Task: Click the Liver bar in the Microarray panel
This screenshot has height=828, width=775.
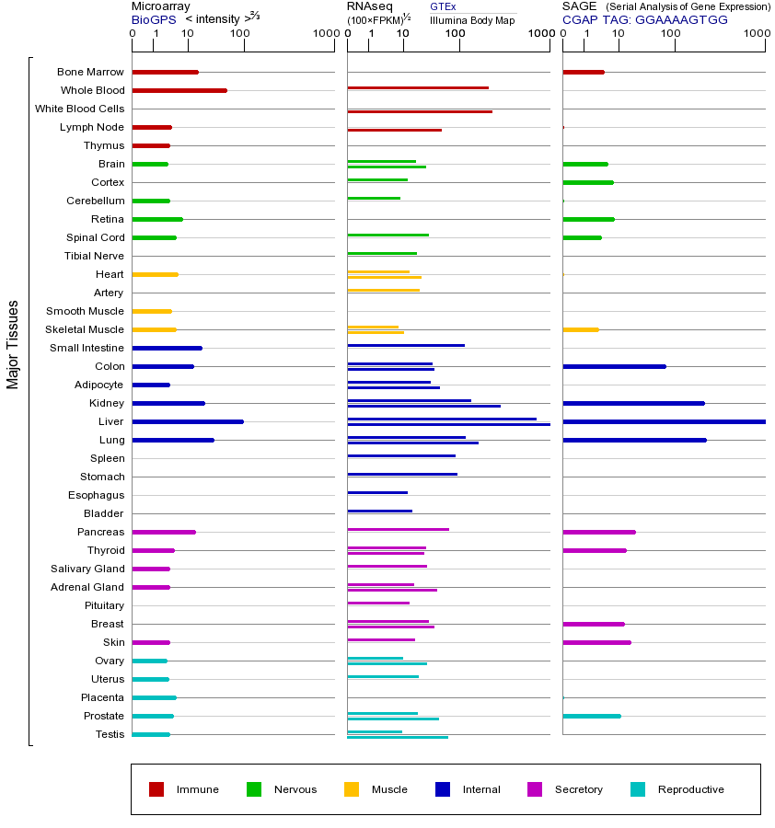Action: point(188,421)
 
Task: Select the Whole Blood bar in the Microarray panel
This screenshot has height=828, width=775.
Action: point(179,90)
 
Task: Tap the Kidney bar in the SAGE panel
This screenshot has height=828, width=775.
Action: point(633,403)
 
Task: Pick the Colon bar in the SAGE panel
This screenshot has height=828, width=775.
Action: point(614,366)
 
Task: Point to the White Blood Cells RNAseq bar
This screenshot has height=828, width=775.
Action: point(420,111)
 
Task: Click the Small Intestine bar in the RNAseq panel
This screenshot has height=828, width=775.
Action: point(406,345)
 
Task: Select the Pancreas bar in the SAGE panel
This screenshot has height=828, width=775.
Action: point(598,532)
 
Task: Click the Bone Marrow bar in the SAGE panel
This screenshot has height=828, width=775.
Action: point(583,72)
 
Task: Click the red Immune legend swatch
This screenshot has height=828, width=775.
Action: point(156,789)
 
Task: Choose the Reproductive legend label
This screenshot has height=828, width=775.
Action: point(690,789)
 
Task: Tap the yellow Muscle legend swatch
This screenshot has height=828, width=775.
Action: point(352,789)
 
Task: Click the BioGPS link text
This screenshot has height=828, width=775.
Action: point(153,19)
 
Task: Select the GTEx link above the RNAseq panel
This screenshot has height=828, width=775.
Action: point(443,6)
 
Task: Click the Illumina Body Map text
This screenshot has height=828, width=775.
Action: point(472,20)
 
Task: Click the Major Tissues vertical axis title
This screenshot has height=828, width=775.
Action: point(13,344)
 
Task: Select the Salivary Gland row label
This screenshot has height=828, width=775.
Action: point(87,569)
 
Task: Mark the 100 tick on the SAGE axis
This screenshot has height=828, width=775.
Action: point(671,34)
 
